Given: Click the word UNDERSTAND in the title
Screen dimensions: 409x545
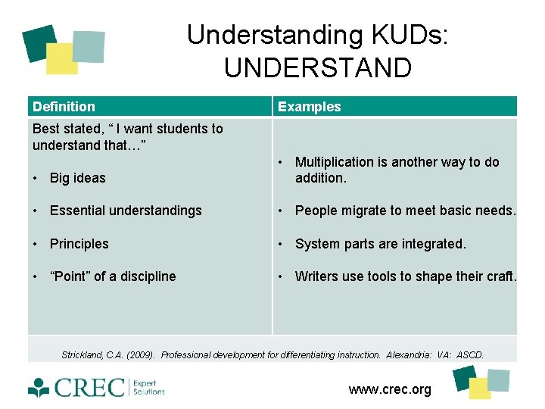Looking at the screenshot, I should click(318, 68).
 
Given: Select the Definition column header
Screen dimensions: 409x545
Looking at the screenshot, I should click(64, 107).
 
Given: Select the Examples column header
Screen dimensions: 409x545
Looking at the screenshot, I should click(309, 107).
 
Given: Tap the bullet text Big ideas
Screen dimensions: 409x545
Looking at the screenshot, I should click(77, 178).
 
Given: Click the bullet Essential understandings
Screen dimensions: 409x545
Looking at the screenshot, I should click(126, 211).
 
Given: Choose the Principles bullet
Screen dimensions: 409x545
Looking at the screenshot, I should click(79, 244).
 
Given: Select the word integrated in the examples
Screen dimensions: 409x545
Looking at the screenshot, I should click(431, 244).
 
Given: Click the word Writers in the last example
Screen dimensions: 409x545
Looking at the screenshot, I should click(316, 276).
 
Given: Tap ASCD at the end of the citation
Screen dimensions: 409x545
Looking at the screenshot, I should click(469, 354).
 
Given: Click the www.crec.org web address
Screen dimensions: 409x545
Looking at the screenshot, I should click(390, 389).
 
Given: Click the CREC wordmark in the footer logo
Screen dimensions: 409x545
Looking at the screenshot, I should click(89, 388).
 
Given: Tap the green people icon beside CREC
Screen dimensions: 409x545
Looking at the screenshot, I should click(39, 389).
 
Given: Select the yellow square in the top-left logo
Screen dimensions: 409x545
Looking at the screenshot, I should click(61, 59).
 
